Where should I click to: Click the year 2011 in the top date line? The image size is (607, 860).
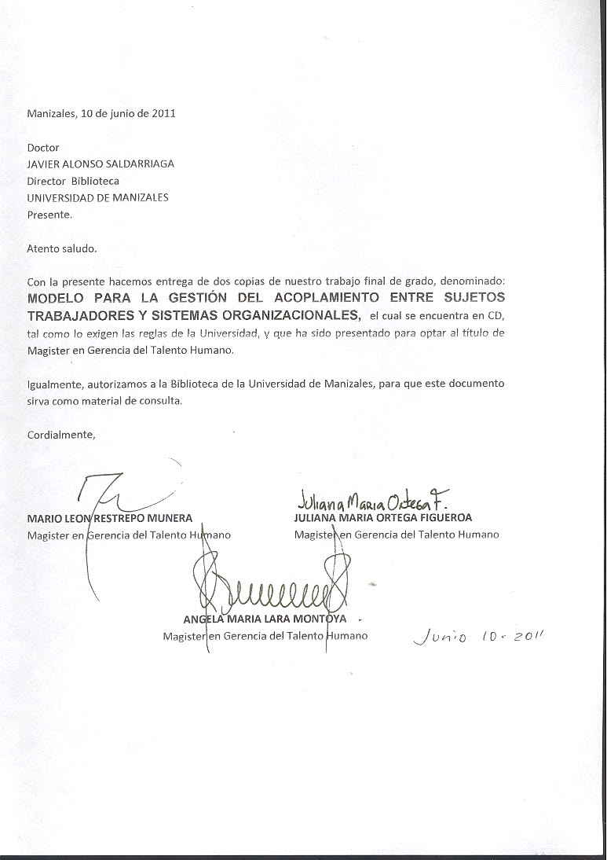(x=163, y=112)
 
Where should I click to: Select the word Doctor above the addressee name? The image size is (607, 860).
(x=43, y=147)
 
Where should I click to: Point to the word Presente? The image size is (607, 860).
(x=49, y=214)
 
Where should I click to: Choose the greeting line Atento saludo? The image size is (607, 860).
(x=62, y=248)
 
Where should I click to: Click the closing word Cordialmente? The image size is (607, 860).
(x=60, y=435)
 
